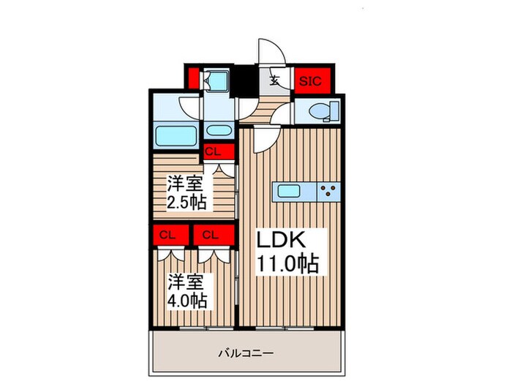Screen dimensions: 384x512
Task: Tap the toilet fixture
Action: pyautogui.click(x=323, y=111)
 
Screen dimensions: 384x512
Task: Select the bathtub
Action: pyautogui.click(x=175, y=135)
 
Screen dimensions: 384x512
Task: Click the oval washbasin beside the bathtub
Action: pyautogui.click(x=217, y=132)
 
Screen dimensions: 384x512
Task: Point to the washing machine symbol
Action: pyautogui.click(x=216, y=80)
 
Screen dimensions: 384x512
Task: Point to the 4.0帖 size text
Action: pyautogui.click(x=189, y=300)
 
